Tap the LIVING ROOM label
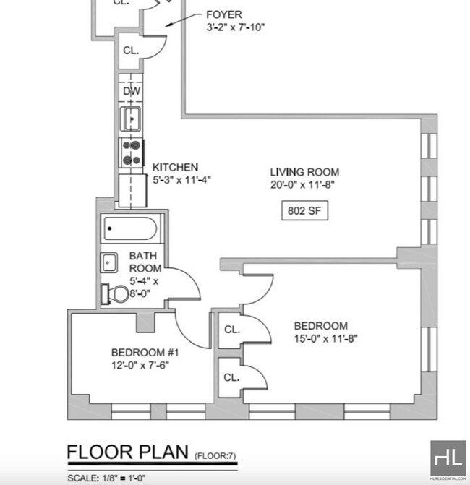pyautogui.click(x=304, y=172)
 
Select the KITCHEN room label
pyautogui.click(x=175, y=167)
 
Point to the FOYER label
pyautogui.click(x=224, y=14)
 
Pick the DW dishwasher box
pyautogui.click(x=131, y=91)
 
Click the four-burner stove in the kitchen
pyautogui.click(x=131, y=153)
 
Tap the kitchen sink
pyautogui.click(x=131, y=117)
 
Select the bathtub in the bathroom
pyautogui.click(x=129, y=229)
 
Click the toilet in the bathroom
pyautogui.click(x=116, y=293)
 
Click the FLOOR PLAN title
pyautogui.click(x=128, y=452)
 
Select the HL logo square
pyautogui.click(x=448, y=458)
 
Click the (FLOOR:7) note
pyautogui.click(x=215, y=455)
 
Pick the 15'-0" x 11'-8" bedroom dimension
pyautogui.click(x=326, y=338)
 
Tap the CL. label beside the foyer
pyautogui.click(x=131, y=51)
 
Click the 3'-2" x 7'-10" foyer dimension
pyautogui.click(x=236, y=27)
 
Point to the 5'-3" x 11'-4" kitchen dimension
pyautogui.click(x=181, y=179)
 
